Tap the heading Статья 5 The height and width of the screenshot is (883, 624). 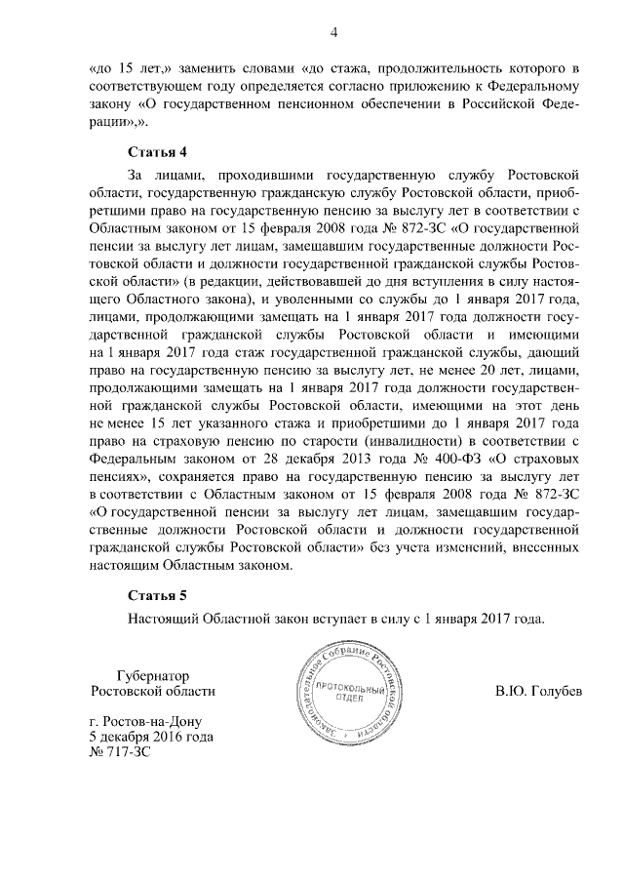coord(156,594)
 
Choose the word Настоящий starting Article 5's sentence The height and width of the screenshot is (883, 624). coord(165,618)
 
